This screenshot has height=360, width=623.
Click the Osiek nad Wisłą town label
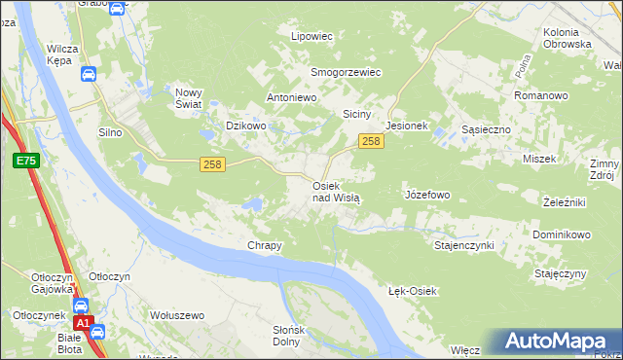coord(336,191)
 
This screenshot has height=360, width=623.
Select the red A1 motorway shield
coord(84,322)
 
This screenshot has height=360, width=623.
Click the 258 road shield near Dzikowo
coord(213,164)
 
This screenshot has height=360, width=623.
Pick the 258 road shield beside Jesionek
coord(371,142)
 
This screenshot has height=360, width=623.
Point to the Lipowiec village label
coord(312,36)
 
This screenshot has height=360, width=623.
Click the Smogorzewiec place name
coord(345,72)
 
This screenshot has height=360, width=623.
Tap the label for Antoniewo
coord(294,98)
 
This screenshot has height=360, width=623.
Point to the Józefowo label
coord(426,195)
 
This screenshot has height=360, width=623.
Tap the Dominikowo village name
coord(562,235)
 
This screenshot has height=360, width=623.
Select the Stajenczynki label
coord(464,245)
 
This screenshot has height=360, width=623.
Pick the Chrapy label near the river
coord(265,245)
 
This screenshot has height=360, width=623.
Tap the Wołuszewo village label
coord(176,315)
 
